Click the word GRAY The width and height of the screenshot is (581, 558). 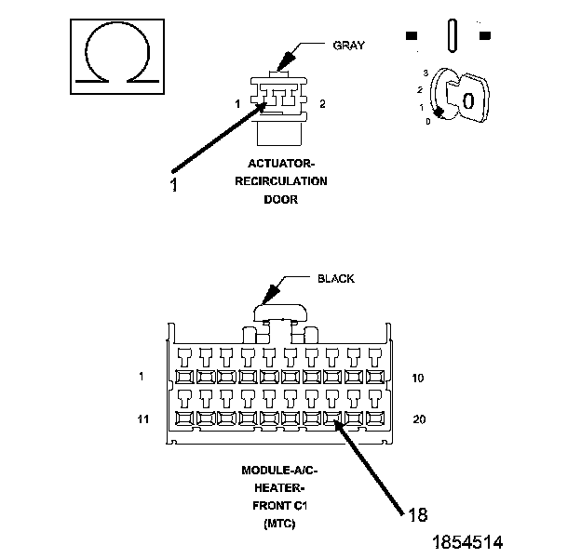click(x=348, y=46)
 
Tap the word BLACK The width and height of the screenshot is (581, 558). click(x=336, y=279)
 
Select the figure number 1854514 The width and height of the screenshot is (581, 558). click(x=467, y=542)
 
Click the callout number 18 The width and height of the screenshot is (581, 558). click(x=417, y=514)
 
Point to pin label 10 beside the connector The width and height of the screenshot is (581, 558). click(x=417, y=379)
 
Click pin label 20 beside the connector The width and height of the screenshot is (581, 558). click(x=419, y=419)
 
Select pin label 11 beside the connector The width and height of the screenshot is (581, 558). click(x=143, y=419)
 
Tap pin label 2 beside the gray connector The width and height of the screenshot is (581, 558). click(x=322, y=104)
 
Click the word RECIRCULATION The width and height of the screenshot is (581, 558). click(x=281, y=181)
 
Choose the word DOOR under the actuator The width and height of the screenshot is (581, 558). click(x=280, y=199)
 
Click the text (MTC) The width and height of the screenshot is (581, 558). click(x=279, y=524)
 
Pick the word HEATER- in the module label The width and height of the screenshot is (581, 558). click(x=279, y=488)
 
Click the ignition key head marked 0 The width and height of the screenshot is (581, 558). click(x=468, y=98)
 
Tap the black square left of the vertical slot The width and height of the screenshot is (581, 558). click(x=412, y=35)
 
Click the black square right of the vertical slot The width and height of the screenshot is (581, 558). click(x=485, y=35)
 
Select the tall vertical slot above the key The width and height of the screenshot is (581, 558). click(x=453, y=35)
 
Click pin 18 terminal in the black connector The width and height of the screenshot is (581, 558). click(x=332, y=418)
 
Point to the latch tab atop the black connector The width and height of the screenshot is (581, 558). click(x=280, y=312)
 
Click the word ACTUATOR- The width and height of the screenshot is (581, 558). click(x=281, y=163)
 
